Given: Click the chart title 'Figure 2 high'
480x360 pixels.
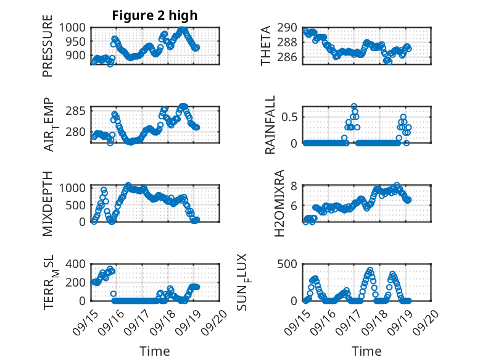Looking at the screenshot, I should point(155,15).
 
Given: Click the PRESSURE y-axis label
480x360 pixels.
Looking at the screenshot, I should point(48,49).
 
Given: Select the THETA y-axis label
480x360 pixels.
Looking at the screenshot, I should point(266,45).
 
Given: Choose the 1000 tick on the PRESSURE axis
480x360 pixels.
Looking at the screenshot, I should point(74,28).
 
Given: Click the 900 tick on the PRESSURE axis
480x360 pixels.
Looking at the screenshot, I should point(78,56).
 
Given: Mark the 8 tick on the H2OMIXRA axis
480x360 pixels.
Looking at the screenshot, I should point(295,186).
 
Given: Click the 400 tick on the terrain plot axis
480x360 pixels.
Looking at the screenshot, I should point(78,264).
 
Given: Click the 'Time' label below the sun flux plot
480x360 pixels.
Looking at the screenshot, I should point(366,351).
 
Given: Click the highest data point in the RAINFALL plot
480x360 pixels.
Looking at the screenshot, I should point(354,106).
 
